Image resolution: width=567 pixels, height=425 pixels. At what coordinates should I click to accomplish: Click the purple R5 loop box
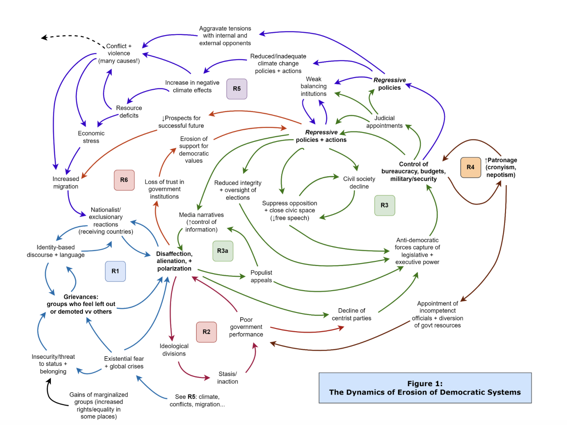point(237,89)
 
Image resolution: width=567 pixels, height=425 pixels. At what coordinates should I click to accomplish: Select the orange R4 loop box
point(470,167)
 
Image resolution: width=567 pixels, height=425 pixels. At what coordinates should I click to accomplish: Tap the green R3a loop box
point(223,251)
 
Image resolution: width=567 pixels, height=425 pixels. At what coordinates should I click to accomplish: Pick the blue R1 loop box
point(115,271)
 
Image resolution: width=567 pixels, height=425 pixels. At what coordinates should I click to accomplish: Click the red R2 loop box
point(206,332)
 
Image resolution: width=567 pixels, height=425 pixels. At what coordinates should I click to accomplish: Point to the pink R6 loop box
point(124,180)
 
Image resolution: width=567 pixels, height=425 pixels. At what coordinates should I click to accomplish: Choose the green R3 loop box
point(384,205)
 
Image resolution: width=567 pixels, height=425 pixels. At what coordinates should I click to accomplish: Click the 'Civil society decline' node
point(359,183)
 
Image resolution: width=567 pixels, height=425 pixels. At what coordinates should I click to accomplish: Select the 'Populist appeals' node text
point(261,276)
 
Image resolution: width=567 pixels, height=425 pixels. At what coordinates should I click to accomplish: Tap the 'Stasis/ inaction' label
point(227,378)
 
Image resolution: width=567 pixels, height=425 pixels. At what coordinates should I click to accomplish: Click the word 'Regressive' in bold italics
point(389,80)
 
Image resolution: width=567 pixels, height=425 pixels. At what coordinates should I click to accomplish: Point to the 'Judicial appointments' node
point(384,122)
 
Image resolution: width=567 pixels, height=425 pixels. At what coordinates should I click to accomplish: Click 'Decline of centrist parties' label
point(351,314)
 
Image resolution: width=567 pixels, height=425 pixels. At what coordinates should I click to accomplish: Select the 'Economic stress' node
point(91,137)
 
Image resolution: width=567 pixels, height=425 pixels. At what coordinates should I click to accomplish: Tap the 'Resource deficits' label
point(129,112)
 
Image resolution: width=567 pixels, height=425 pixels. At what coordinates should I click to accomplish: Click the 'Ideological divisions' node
point(174,350)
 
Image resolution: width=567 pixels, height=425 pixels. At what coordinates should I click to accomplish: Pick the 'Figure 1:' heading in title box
point(425,384)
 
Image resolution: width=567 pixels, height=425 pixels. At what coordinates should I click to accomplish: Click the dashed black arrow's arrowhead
point(44,37)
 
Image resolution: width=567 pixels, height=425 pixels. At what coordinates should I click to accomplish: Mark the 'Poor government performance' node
point(246,327)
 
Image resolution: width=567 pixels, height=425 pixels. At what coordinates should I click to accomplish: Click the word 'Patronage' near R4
point(502,160)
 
